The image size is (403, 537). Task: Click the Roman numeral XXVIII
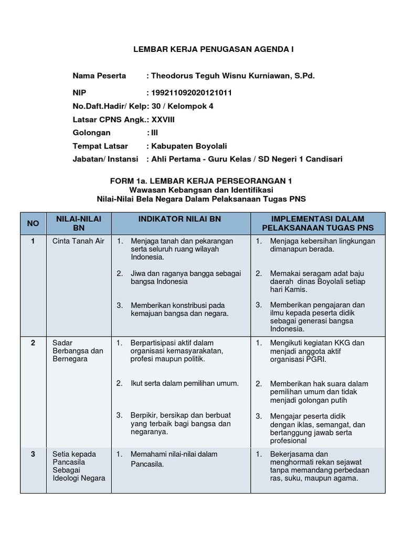tap(163, 120)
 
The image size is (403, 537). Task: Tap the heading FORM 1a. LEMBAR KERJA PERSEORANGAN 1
tap(201, 180)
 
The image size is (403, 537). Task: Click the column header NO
tap(33, 223)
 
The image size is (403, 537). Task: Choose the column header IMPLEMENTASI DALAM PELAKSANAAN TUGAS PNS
tap(317, 223)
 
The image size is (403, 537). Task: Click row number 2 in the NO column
tap(33, 343)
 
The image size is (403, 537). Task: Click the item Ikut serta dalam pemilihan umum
tap(185, 383)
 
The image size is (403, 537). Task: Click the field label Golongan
tap(91, 133)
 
